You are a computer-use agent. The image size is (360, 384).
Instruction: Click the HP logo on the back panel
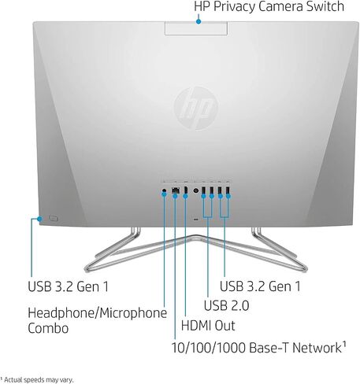(196, 109)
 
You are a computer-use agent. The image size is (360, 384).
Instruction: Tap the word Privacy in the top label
(235, 7)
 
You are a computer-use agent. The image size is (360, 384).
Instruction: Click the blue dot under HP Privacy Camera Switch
(199, 21)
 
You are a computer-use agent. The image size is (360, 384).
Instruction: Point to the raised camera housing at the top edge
(196, 28)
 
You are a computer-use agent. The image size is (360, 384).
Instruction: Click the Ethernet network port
(176, 190)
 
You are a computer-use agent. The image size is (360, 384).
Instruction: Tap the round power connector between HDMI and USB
(195, 190)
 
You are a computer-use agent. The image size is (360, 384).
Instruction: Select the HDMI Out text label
(208, 326)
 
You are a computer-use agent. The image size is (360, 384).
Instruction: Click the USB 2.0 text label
(226, 305)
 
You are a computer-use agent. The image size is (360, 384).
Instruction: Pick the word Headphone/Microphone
(97, 313)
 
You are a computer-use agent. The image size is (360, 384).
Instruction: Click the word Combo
(48, 328)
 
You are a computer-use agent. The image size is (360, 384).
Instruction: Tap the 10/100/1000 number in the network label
(209, 348)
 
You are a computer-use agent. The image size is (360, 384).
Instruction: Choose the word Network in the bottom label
(317, 348)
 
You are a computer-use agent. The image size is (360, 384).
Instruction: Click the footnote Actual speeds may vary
(39, 379)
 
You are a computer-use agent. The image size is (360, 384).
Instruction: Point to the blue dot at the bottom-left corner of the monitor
(39, 219)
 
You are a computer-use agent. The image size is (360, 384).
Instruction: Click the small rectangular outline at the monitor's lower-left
(53, 218)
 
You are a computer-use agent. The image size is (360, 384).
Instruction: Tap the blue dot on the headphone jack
(164, 194)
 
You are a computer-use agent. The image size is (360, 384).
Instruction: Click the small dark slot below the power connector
(195, 220)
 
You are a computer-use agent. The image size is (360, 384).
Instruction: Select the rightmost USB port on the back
(228, 190)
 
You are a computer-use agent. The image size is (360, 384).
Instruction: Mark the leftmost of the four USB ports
(203, 190)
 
